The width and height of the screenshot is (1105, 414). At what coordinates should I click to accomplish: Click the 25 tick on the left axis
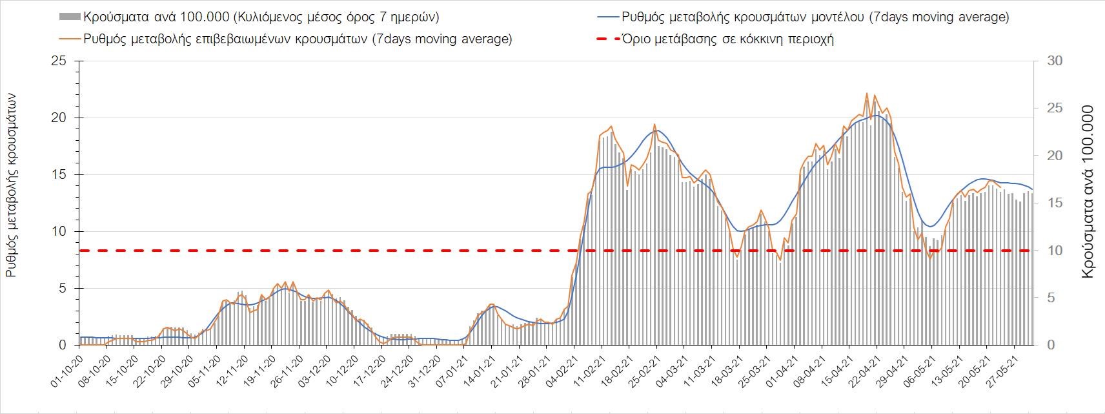[59, 61]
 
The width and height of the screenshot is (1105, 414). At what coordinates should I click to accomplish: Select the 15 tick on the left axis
[59, 175]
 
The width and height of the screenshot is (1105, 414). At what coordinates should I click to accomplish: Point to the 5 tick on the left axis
[63, 289]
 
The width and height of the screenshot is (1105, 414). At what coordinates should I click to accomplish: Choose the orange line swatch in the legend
[70, 39]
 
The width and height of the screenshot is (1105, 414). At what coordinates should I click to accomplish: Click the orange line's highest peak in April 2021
[867, 94]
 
